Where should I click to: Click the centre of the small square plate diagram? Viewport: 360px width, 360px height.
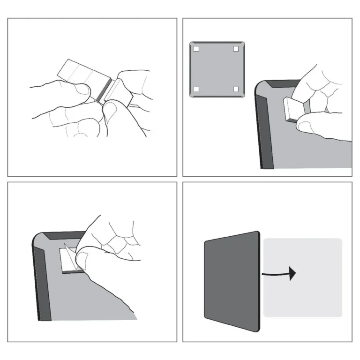[217, 69]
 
